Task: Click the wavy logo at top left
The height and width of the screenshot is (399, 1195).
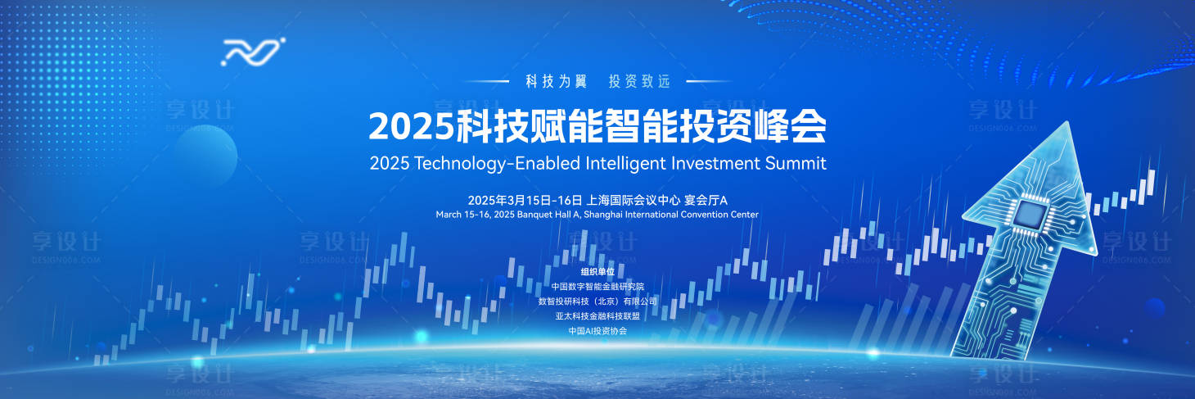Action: [253, 52]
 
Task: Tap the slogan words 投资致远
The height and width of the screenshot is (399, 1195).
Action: [639, 81]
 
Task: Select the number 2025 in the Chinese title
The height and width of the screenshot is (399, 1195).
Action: [410, 126]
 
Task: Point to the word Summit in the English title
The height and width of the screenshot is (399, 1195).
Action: [796, 162]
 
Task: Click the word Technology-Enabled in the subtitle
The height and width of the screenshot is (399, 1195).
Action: [498, 162]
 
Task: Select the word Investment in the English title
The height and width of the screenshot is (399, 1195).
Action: [715, 162]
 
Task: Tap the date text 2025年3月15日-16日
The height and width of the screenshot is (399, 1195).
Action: [525, 200]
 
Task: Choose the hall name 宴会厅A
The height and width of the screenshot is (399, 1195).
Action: [706, 200]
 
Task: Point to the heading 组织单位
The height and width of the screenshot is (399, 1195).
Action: [597, 271]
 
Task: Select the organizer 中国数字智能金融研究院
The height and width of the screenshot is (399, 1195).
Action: [597, 287]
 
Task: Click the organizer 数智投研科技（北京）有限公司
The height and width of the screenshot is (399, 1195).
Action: [597, 302]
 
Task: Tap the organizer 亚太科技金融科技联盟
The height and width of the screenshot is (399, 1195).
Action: [597, 316]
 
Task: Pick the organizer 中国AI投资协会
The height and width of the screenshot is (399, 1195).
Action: [597, 331]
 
